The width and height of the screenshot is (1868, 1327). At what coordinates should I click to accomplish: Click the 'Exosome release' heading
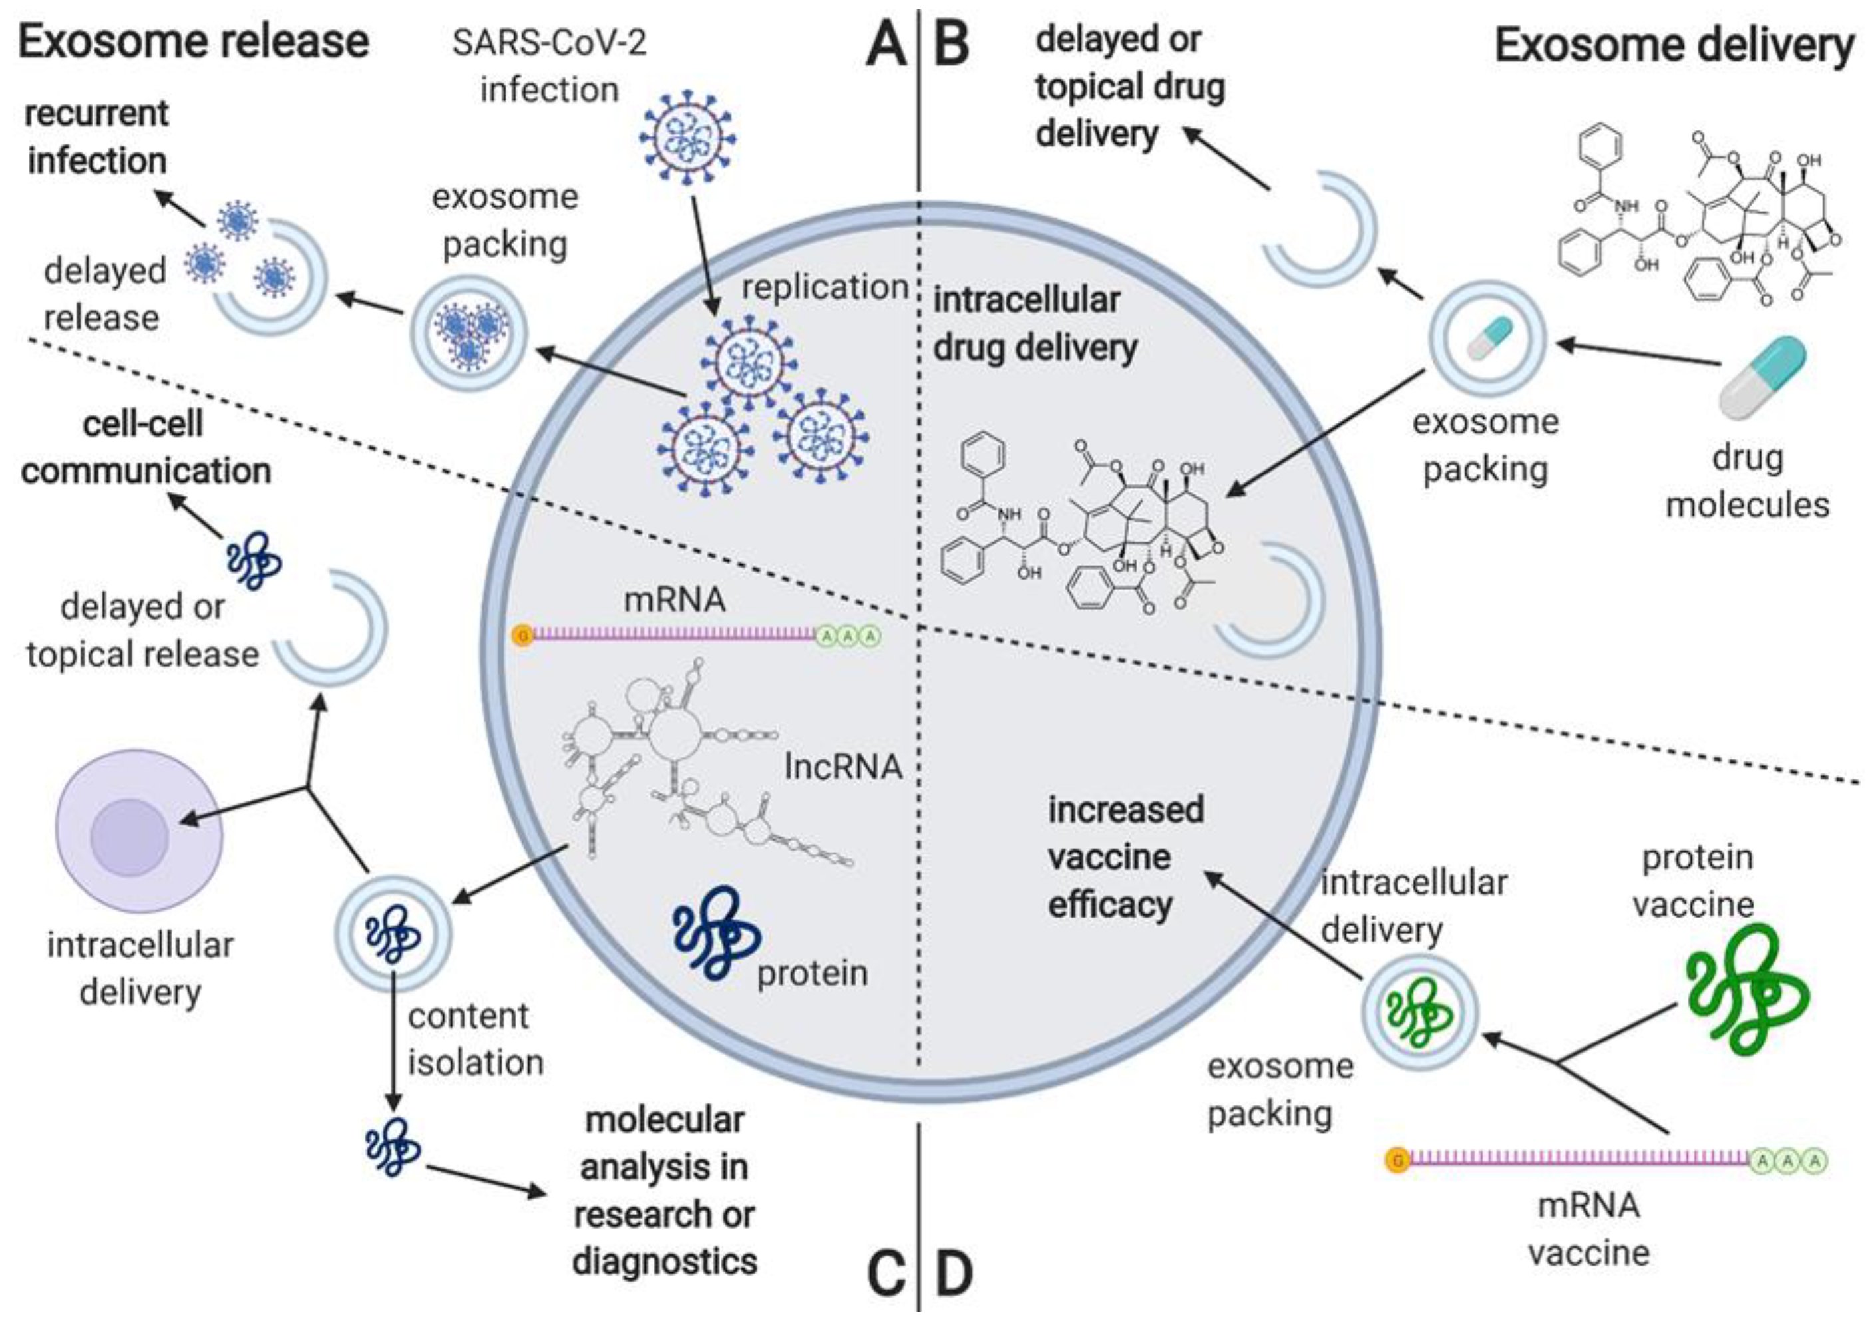click(193, 43)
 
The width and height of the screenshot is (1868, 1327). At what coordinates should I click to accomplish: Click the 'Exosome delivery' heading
click(1674, 45)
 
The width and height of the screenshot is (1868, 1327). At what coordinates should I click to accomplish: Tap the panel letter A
click(886, 45)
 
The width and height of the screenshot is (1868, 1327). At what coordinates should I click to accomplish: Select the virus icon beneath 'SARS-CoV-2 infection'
click(686, 136)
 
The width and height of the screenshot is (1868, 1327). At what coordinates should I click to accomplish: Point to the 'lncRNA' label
click(842, 767)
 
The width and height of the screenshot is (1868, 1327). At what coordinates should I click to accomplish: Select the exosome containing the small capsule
click(1488, 339)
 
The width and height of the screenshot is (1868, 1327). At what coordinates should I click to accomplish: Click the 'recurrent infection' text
click(96, 137)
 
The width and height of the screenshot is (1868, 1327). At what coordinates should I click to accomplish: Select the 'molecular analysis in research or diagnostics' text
click(664, 1191)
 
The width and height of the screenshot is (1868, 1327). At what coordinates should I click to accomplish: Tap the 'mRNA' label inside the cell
click(674, 600)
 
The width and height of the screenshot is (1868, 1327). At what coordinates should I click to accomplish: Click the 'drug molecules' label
click(1746, 481)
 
